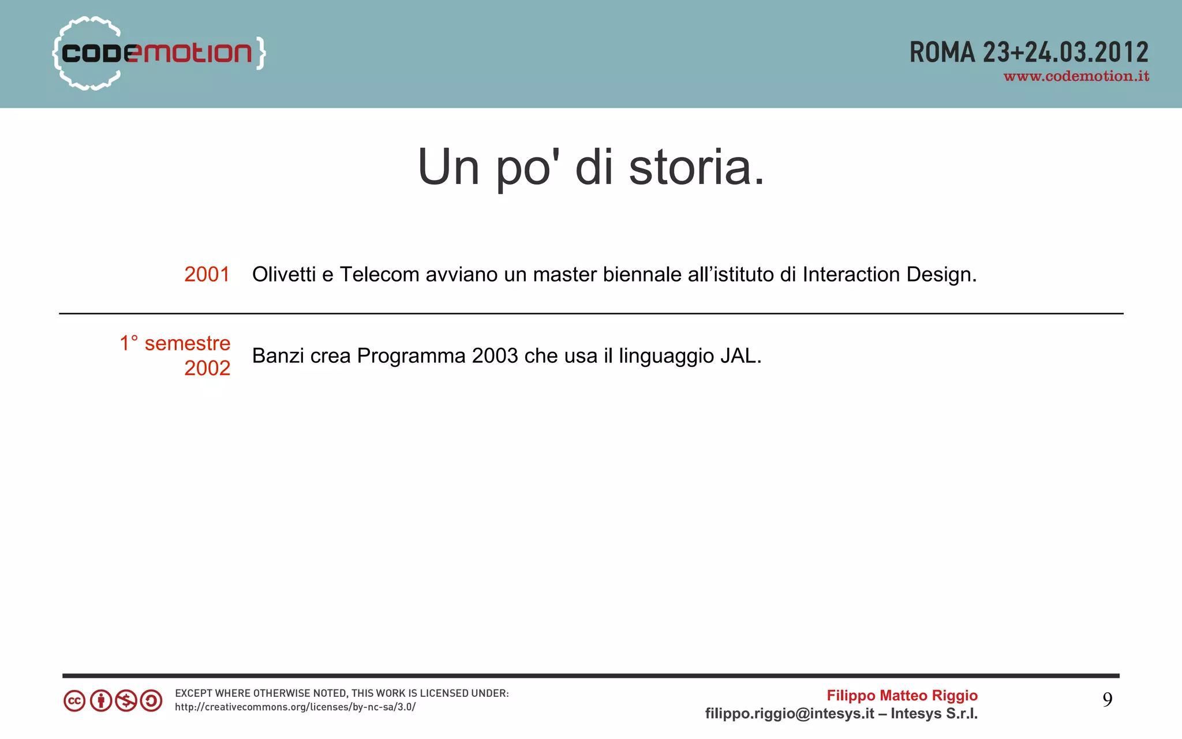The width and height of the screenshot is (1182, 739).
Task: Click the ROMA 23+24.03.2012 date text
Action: (1028, 52)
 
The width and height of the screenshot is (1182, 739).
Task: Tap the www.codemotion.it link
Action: (1076, 77)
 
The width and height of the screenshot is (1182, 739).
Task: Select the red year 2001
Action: (207, 275)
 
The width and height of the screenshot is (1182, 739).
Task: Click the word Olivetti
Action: (283, 275)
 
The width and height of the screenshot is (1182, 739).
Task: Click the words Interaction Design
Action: (889, 275)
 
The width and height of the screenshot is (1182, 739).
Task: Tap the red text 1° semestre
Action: (175, 343)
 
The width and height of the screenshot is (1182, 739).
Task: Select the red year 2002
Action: (207, 368)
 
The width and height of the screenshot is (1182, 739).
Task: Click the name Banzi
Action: (278, 356)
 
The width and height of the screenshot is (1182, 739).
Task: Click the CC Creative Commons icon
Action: (74, 701)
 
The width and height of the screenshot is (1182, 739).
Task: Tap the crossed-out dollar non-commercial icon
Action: (126, 701)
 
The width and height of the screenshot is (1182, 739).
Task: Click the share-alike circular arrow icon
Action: (151, 701)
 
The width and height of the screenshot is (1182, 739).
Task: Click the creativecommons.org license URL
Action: (295, 707)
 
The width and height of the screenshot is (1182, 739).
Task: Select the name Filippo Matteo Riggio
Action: (902, 696)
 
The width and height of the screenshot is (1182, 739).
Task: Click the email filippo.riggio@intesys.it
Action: (789, 714)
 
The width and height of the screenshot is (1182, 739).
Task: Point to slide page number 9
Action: (1107, 700)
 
